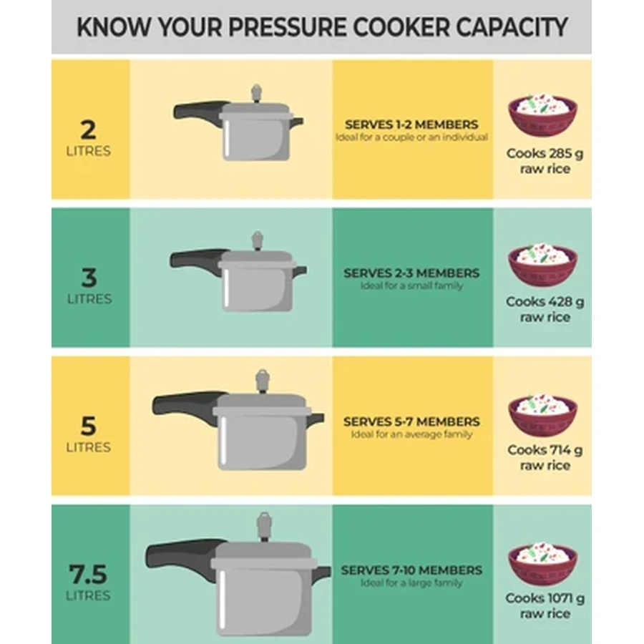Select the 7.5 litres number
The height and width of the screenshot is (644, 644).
pyautogui.click(x=88, y=574)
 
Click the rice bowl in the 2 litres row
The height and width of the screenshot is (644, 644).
pyautogui.click(x=542, y=115)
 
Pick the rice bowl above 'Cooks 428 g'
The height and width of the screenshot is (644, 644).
pyautogui.click(x=542, y=264)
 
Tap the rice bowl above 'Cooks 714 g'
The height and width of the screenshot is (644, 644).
pyautogui.click(x=542, y=414)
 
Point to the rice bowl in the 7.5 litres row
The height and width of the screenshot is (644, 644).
pyautogui.click(x=542, y=564)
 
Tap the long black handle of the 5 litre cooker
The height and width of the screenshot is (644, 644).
pyautogui.click(x=187, y=406)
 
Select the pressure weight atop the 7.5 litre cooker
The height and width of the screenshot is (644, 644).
pyautogui.click(x=264, y=527)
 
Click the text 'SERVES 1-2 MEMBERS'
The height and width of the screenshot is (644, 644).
pyautogui.click(x=411, y=125)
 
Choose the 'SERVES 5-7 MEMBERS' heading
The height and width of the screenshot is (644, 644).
pyautogui.click(x=411, y=421)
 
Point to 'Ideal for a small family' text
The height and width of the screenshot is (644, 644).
pyautogui.click(x=412, y=286)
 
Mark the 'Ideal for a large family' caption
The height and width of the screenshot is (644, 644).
pyautogui.click(x=411, y=582)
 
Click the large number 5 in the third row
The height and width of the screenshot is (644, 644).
pyautogui.click(x=88, y=426)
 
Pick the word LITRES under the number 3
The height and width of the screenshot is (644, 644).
pyautogui.click(x=89, y=299)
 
